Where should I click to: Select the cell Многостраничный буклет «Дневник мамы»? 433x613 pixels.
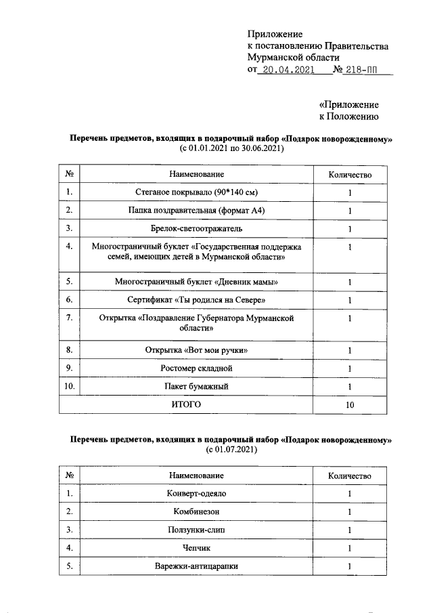[196, 282]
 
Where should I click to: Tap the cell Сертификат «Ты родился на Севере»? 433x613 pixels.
[196, 299]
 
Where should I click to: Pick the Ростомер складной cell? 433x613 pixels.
[196, 368]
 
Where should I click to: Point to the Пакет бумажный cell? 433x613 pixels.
[196, 386]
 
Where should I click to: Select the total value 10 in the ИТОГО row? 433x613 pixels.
[350, 404]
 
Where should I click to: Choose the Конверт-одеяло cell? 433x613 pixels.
[196, 494]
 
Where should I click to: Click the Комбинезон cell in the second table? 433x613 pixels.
[196, 511]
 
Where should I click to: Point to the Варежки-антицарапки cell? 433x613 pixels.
[196, 566]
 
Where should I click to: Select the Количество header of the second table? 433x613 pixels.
[350, 476]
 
